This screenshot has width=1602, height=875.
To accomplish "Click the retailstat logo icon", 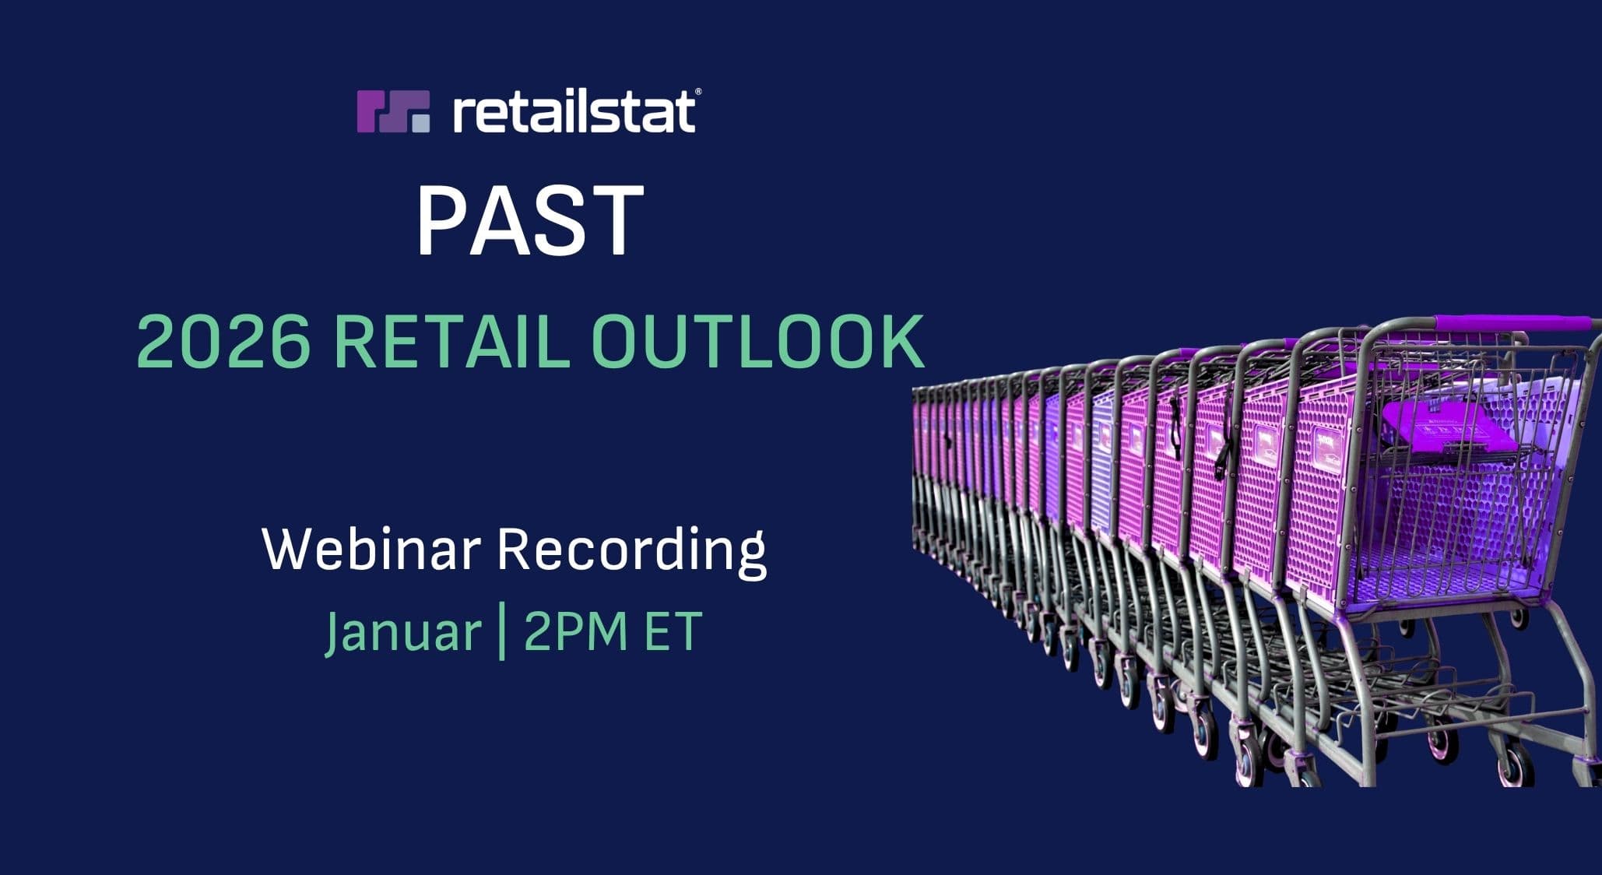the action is pos(393,111).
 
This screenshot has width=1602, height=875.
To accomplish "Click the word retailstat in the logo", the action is pos(574,112).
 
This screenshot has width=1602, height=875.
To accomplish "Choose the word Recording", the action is pos(631,552).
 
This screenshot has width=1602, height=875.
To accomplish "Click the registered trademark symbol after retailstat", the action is pos(697,92).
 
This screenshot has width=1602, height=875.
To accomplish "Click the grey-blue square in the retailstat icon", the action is pos(420,123).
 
